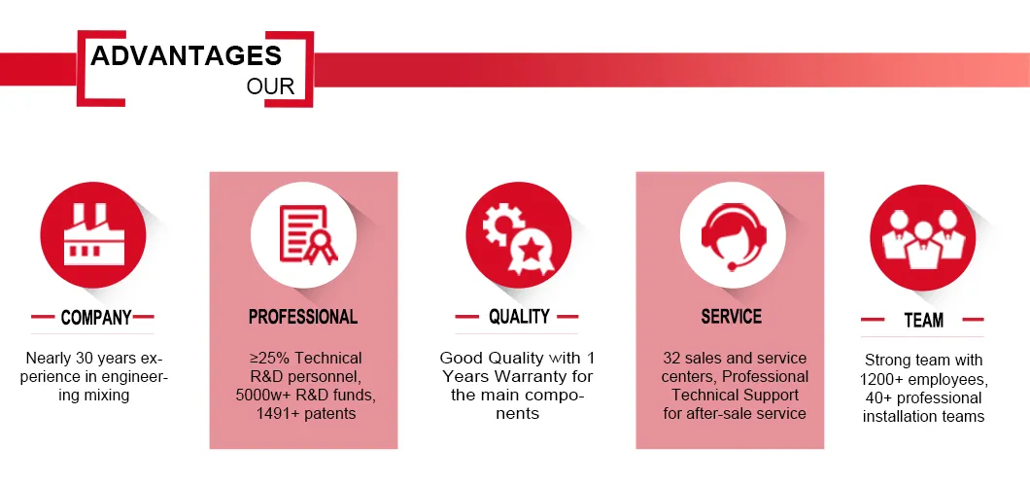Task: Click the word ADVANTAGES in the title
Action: (x=186, y=55)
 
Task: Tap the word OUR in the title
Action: (x=271, y=86)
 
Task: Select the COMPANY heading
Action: (x=96, y=318)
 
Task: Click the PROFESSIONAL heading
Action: (x=303, y=317)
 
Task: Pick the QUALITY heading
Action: (x=519, y=317)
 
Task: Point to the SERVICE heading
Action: (x=731, y=317)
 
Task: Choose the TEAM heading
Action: (x=923, y=320)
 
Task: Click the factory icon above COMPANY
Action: (x=93, y=234)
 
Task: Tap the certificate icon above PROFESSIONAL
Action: (x=307, y=234)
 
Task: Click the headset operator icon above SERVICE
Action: (x=733, y=234)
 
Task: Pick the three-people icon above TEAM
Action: (x=923, y=238)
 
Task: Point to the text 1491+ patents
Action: (x=306, y=413)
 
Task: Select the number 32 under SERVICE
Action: (x=672, y=359)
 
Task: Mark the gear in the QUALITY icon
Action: (x=501, y=224)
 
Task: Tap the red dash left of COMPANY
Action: (x=42, y=317)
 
